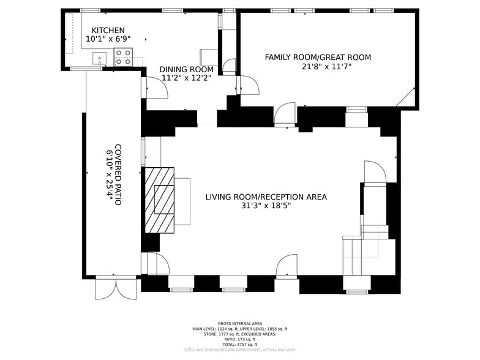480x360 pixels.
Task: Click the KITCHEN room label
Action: tap(108, 31)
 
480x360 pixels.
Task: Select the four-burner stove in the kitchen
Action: tap(123, 57)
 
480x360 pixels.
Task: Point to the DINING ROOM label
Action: tap(186, 69)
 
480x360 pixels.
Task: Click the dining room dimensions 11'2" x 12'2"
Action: tap(186, 78)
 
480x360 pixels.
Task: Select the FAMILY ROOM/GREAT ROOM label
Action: tap(318, 58)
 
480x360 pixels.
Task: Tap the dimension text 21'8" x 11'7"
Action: tap(318, 66)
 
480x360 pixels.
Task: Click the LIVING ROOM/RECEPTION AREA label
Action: tap(266, 197)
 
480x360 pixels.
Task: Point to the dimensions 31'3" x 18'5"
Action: tap(266, 206)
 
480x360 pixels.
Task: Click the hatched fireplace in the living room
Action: tap(160, 200)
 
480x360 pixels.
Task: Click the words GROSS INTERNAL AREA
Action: tap(239, 323)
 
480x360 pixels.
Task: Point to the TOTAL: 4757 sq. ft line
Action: tap(239, 344)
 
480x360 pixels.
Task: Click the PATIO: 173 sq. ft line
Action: tap(239, 339)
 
